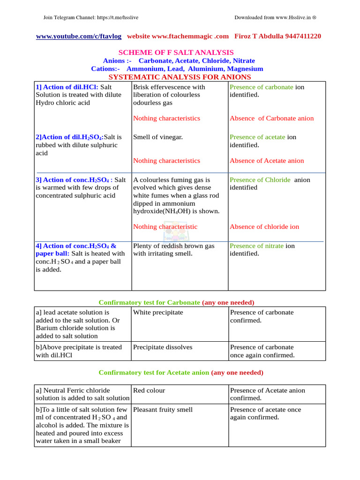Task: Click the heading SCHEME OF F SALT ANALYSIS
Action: tap(180, 52)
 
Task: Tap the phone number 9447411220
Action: tap(300, 36)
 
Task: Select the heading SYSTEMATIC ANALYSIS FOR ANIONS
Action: tap(180, 77)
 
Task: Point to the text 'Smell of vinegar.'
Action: tap(158, 137)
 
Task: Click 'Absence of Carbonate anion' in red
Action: tap(271, 118)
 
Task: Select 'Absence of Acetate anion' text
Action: tap(266, 160)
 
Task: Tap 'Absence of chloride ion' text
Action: tap(264, 226)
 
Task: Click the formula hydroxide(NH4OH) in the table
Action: tap(176, 211)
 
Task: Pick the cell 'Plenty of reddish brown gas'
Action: tap(174, 246)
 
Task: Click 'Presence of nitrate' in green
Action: tap(256, 246)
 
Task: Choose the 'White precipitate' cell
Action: tap(158, 312)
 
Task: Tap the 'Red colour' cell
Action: tap(149, 390)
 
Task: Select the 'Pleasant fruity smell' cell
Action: tap(163, 409)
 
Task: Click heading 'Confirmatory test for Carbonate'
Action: tap(150, 302)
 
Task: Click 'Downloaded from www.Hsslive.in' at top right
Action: tap(275, 18)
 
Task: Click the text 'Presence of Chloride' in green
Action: tap(260, 180)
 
